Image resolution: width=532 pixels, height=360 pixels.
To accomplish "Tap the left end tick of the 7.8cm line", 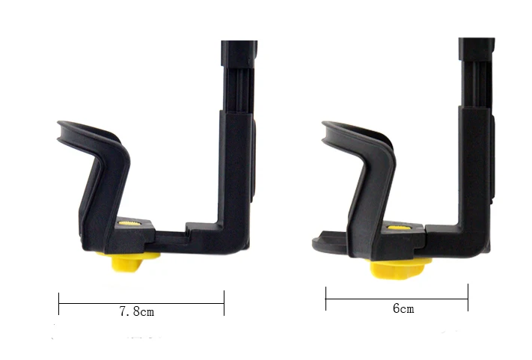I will [59, 303].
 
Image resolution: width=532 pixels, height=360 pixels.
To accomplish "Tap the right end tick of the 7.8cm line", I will [224, 303].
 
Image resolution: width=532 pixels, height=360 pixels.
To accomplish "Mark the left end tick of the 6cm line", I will [325, 297].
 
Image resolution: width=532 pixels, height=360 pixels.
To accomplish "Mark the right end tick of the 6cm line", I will [468, 297].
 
